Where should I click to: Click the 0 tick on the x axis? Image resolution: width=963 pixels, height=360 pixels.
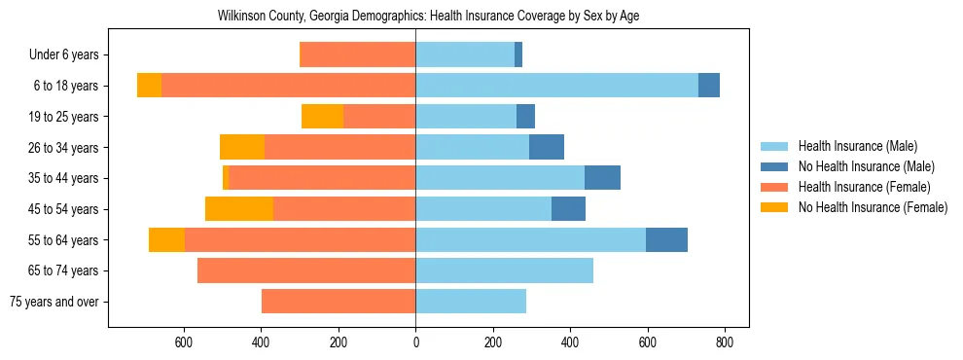tap(415, 342)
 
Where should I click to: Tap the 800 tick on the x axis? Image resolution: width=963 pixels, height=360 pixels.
tap(725, 342)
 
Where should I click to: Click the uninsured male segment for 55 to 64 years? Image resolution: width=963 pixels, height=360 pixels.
tap(666, 239)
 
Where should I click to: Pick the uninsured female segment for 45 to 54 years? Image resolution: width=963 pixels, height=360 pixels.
tap(239, 209)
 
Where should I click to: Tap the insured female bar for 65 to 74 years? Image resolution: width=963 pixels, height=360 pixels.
tap(306, 270)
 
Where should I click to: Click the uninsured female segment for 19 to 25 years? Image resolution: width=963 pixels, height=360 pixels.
tap(322, 117)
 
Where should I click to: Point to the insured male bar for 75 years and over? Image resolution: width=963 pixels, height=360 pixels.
tap(471, 302)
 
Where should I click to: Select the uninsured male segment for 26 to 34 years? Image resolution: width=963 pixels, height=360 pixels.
tap(547, 147)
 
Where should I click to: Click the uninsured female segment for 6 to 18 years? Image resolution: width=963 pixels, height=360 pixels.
tap(149, 86)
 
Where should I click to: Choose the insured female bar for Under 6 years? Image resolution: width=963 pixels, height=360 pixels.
tap(358, 54)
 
